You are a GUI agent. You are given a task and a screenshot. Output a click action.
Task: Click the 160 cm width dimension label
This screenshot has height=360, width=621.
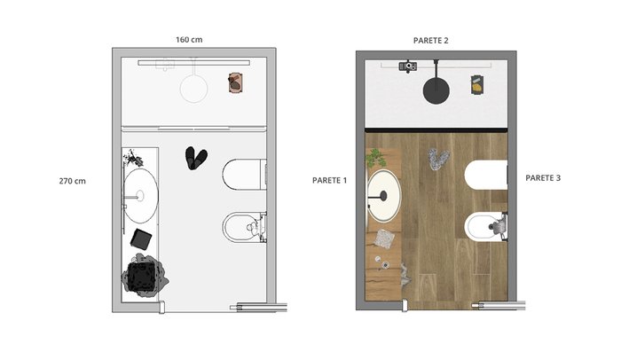(189, 40)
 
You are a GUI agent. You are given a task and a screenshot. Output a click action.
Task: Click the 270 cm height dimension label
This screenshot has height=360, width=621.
(72, 181)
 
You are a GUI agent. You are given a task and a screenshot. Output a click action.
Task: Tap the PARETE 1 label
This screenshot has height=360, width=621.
(329, 180)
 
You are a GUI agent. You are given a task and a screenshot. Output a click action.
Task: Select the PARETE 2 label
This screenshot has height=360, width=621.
(431, 41)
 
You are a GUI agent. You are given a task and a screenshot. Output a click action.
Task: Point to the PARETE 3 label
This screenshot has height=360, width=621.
(543, 178)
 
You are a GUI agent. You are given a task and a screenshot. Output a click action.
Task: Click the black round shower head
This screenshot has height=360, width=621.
(436, 90)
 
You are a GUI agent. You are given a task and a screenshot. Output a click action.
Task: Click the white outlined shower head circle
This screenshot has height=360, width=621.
(193, 89)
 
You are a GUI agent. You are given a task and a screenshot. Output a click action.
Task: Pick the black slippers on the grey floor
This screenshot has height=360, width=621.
(196, 158)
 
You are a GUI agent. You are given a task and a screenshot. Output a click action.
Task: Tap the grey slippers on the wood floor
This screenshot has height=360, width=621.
(438, 160)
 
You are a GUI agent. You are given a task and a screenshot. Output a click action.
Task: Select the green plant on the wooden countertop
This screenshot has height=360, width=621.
(375, 158)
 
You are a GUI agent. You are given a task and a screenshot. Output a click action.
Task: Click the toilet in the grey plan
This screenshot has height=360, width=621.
(244, 175)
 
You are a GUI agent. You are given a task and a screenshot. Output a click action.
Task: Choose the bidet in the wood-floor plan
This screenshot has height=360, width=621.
(486, 226)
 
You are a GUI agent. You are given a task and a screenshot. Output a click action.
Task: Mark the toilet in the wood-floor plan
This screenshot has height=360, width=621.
(486, 175)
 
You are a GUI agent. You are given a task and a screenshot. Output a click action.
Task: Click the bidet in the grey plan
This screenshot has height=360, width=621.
(244, 227)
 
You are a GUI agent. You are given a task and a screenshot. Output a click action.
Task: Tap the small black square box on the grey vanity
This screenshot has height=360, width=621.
(141, 239)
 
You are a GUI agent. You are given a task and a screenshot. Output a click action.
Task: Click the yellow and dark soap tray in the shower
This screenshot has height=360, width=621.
(477, 84)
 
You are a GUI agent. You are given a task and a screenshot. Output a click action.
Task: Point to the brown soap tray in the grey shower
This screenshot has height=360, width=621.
(235, 82)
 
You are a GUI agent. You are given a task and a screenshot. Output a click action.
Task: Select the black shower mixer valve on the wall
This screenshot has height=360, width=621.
(407, 67)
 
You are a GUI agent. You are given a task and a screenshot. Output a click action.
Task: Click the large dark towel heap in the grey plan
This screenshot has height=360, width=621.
(144, 276)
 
